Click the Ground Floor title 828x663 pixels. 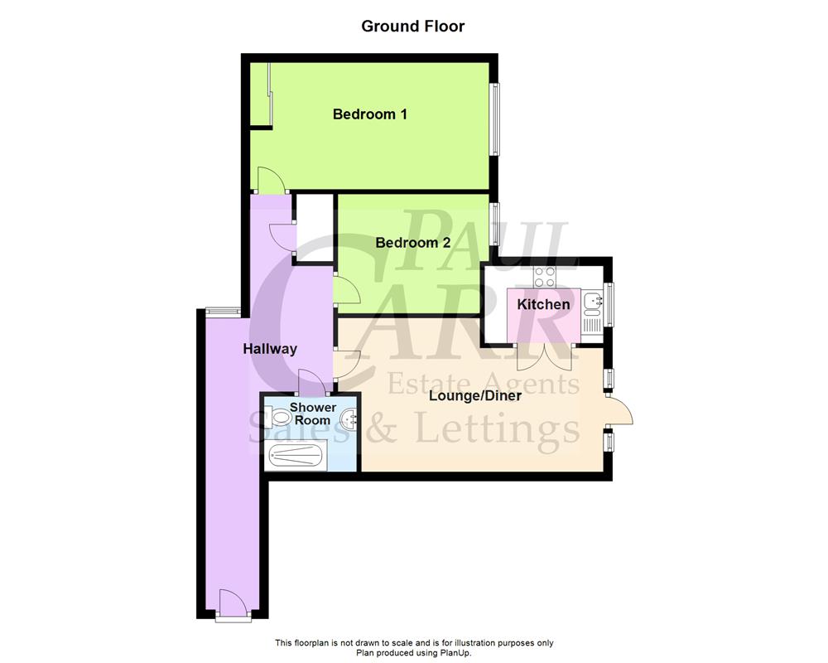412,27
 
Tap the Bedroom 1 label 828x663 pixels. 369,114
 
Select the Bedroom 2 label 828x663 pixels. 412,243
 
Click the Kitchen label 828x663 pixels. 543,304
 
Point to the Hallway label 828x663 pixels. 269,349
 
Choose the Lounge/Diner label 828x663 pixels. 474,395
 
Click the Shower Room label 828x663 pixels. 312,414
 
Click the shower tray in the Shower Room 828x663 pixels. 296,455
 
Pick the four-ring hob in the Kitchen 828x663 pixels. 545,277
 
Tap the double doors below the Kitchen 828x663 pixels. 542,356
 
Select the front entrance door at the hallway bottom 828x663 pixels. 231,603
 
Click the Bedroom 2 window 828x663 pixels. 493,223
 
